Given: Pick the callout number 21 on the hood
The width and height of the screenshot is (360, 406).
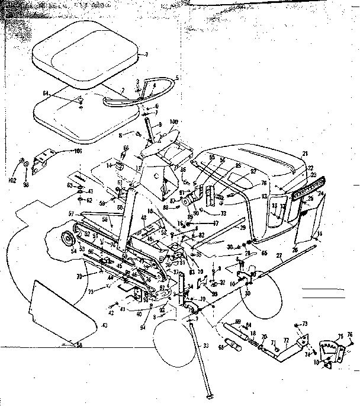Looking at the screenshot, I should (x=305, y=154).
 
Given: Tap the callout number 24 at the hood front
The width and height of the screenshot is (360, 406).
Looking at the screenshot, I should (x=320, y=193).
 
